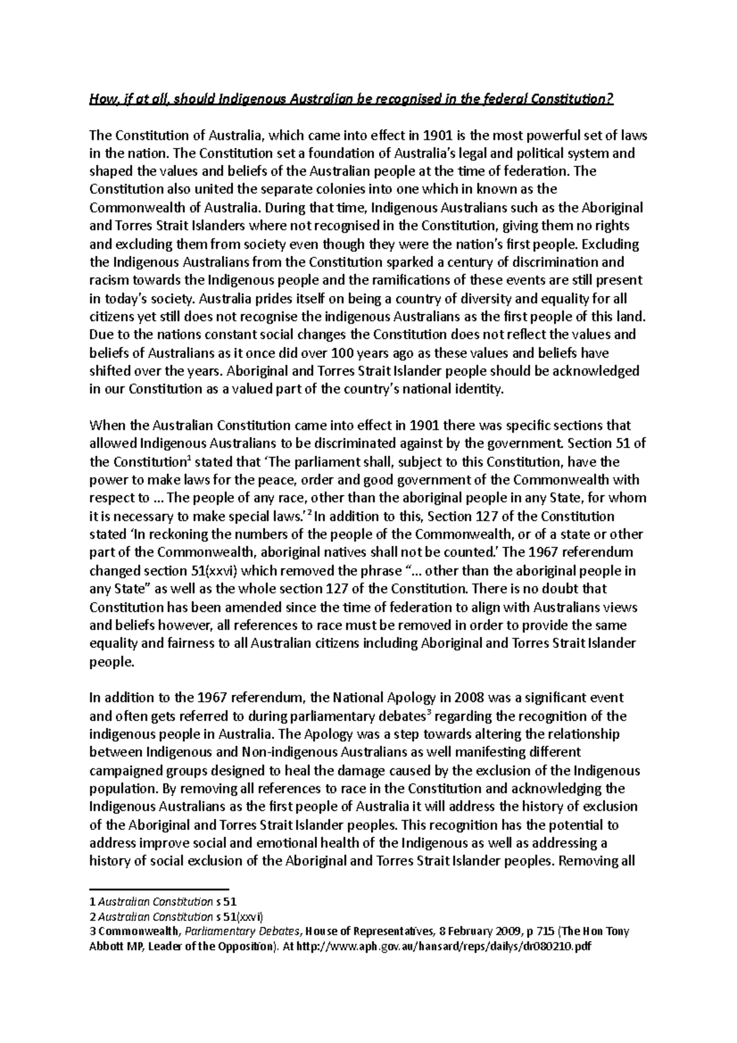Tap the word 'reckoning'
(x=160, y=534)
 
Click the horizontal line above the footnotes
(x=158, y=888)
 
